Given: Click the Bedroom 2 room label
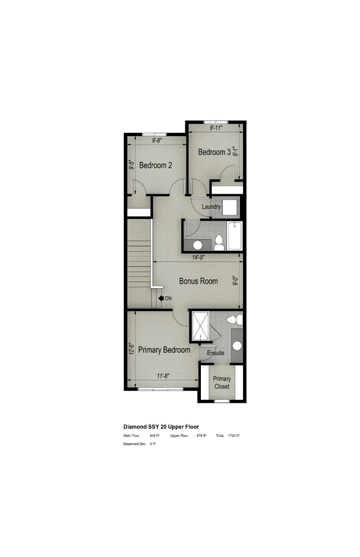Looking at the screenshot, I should pos(156,165).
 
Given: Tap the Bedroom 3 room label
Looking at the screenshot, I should pos(214,152).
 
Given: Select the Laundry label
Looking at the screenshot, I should pos(211,207).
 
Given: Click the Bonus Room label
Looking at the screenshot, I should pos(198,281).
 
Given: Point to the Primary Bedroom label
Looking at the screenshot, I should pos(164,350).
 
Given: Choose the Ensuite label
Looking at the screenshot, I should pos(216,353).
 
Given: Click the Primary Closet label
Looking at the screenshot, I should pos(222,383).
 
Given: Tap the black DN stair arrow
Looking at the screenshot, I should pos(161,299).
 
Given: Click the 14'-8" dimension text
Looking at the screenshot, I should pos(198,258).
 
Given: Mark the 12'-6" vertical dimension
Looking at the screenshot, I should pos(131,348).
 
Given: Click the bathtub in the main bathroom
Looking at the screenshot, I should pos(234,236).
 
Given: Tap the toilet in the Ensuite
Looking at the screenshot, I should pos(235,320).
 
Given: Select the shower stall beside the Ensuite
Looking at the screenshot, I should pos(201,326).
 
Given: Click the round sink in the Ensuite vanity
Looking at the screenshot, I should pos(237,346).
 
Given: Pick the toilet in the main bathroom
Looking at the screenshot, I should pos(219,242).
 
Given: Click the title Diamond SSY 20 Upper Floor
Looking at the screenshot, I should pos(161,427).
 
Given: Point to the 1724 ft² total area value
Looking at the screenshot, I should pos(234,436).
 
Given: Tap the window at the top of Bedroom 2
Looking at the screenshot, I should pos(154,134).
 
